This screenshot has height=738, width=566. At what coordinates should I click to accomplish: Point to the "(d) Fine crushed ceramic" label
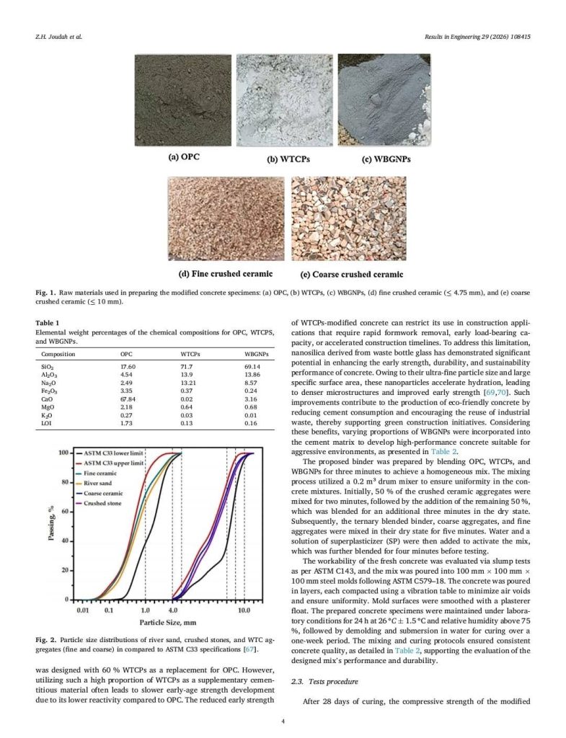click(226, 274)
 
